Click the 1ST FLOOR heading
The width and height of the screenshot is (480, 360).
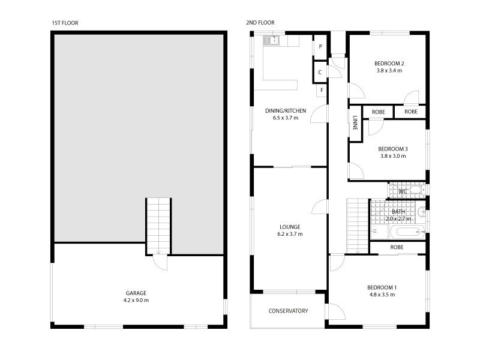click(65, 23)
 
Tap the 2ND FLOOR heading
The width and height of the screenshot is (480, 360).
click(260, 23)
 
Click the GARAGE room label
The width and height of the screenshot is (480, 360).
click(136, 293)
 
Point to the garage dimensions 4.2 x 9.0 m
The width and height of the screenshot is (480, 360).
click(136, 301)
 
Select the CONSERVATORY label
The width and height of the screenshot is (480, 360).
click(288, 311)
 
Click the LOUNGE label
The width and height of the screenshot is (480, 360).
click(290, 227)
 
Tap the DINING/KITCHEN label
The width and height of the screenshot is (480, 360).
click(286, 111)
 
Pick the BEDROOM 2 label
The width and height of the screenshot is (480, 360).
click(389, 64)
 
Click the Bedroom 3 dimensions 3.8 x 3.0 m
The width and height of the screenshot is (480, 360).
click(393, 156)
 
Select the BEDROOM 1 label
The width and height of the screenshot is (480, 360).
click(382, 288)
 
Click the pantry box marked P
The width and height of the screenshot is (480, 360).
click(320, 47)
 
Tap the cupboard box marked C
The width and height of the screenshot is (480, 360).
click(320, 72)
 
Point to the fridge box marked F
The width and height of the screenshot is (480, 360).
click(322, 91)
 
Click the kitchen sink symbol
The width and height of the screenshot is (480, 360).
click(271, 40)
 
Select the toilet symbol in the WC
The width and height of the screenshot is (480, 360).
click(417, 190)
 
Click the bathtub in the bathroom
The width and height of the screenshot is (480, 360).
click(407, 232)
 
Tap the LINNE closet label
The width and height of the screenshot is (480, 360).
click(355, 123)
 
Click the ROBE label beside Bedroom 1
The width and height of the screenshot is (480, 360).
click(397, 247)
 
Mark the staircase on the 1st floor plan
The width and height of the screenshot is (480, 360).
click(158, 226)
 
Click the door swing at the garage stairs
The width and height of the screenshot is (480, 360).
click(160, 263)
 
